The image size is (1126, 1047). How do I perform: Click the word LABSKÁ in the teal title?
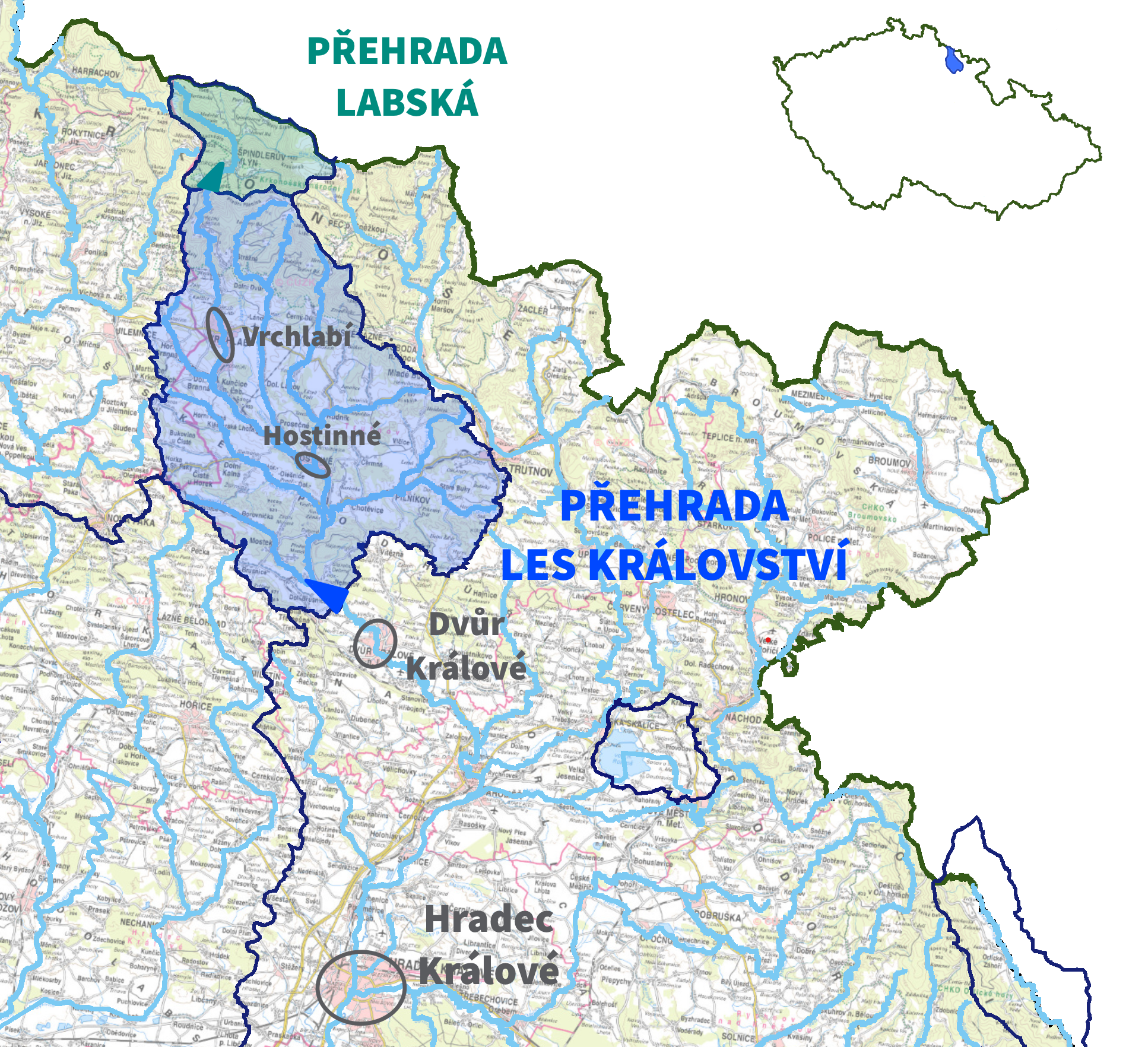(x=407, y=101)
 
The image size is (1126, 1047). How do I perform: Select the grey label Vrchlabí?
(x=297, y=337)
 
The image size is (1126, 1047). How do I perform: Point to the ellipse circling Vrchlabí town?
(x=220, y=335)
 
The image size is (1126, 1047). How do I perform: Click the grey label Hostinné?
(x=322, y=436)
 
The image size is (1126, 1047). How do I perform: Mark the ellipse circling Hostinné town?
(x=313, y=465)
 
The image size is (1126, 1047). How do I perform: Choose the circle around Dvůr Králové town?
(x=375, y=643)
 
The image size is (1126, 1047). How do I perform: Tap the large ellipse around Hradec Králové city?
(x=361, y=987)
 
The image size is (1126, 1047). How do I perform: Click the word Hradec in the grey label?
(x=489, y=919)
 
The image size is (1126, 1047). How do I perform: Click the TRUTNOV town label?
(x=531, y=471)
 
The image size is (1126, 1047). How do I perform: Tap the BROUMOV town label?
(x=889, y=462)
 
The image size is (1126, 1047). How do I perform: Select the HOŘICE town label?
(x=195, y=706)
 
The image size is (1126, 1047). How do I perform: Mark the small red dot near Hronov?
(x=768, y=640)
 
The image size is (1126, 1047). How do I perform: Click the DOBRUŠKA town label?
(x=718, y=916)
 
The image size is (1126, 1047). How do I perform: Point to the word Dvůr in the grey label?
(x=467, y=624)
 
